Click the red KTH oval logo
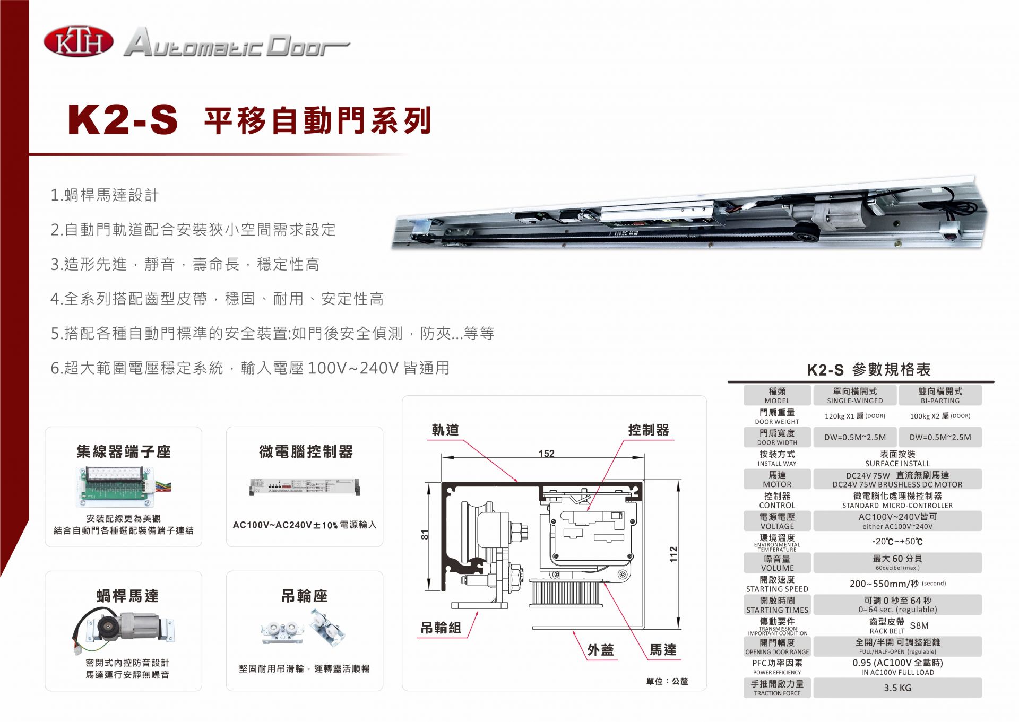click(x=79, y=42)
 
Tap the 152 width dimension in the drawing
click(x=546, y=454)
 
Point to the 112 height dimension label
click(x=673, y=554)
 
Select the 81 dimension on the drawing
click(x=425, y=535)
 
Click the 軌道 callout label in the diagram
click(x=445, y=430)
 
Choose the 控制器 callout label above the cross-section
click(x=649, y=430)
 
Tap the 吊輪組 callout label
click(x=441, y=628)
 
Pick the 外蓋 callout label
click(x=600, y=650)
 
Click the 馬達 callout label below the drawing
click(x=663, y=650)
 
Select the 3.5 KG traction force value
click(x=897, y=688)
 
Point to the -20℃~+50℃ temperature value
click(x=897, y=542)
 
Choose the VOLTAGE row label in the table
click(x=777, y=526)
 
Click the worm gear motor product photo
click(x=124, y=629)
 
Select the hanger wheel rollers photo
click(x=304, y=628)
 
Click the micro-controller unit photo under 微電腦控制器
click(x=305, y=486)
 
